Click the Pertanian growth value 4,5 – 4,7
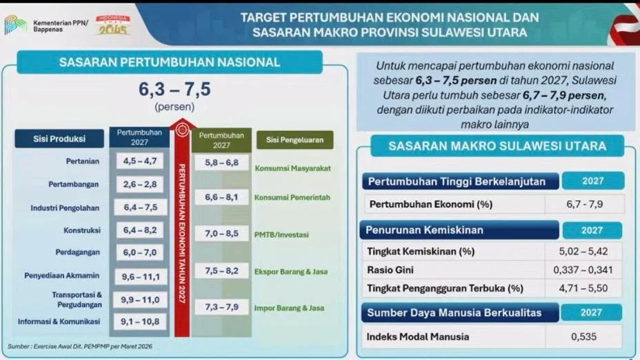point(139,161)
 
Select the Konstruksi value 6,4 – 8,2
point(139,230)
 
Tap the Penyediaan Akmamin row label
point(61,275)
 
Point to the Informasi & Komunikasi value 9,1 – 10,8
point(139,321)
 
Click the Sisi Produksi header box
point(59,139)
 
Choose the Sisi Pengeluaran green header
point(294,140)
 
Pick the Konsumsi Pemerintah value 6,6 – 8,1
point(221,197)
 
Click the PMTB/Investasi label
point(281,234)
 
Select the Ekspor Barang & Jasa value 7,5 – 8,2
point(221,270)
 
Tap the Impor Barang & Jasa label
point(289,308)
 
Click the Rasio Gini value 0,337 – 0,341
point(583,270)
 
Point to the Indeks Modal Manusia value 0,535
point(583,337)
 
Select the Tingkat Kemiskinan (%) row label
point(421,252)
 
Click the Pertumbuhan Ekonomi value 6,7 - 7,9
point(585,204)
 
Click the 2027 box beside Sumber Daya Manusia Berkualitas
point(592,312)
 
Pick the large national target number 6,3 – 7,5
point(174,89)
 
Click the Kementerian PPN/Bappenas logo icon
point(15,26)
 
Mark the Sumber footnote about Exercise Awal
point(80,346)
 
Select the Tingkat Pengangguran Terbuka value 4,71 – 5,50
point(583,288)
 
